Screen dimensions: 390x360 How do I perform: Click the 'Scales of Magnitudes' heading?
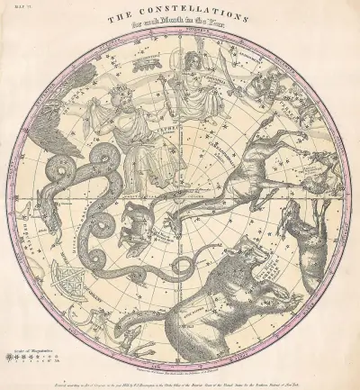tap(27, 347)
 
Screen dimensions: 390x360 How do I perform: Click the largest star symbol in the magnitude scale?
tap(10, 355)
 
